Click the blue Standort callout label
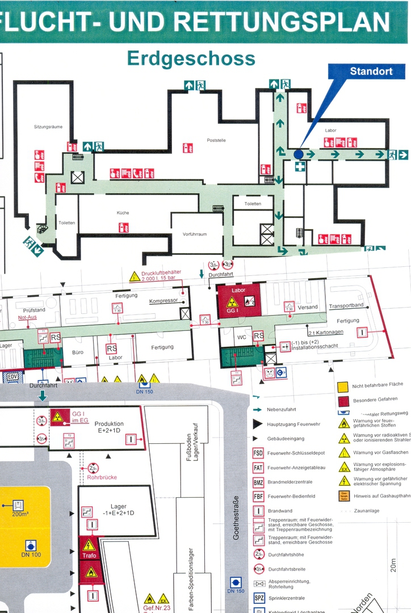[371, 72]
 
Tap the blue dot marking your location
[299, 154]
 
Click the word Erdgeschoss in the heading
[191, 58]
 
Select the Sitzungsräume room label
[48, 127]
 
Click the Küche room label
[123, 213]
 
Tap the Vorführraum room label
[195, 234]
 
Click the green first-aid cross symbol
[300, 166]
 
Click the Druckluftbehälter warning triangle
[134, 277]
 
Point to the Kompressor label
[163, 301]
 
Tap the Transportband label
[346, 306]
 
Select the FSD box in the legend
[258, 453]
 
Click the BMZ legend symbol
[258, 482]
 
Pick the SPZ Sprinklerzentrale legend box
[259, 598]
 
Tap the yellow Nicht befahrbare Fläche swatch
[342, 387]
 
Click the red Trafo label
[89, 555]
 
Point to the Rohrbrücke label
[102, 477]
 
